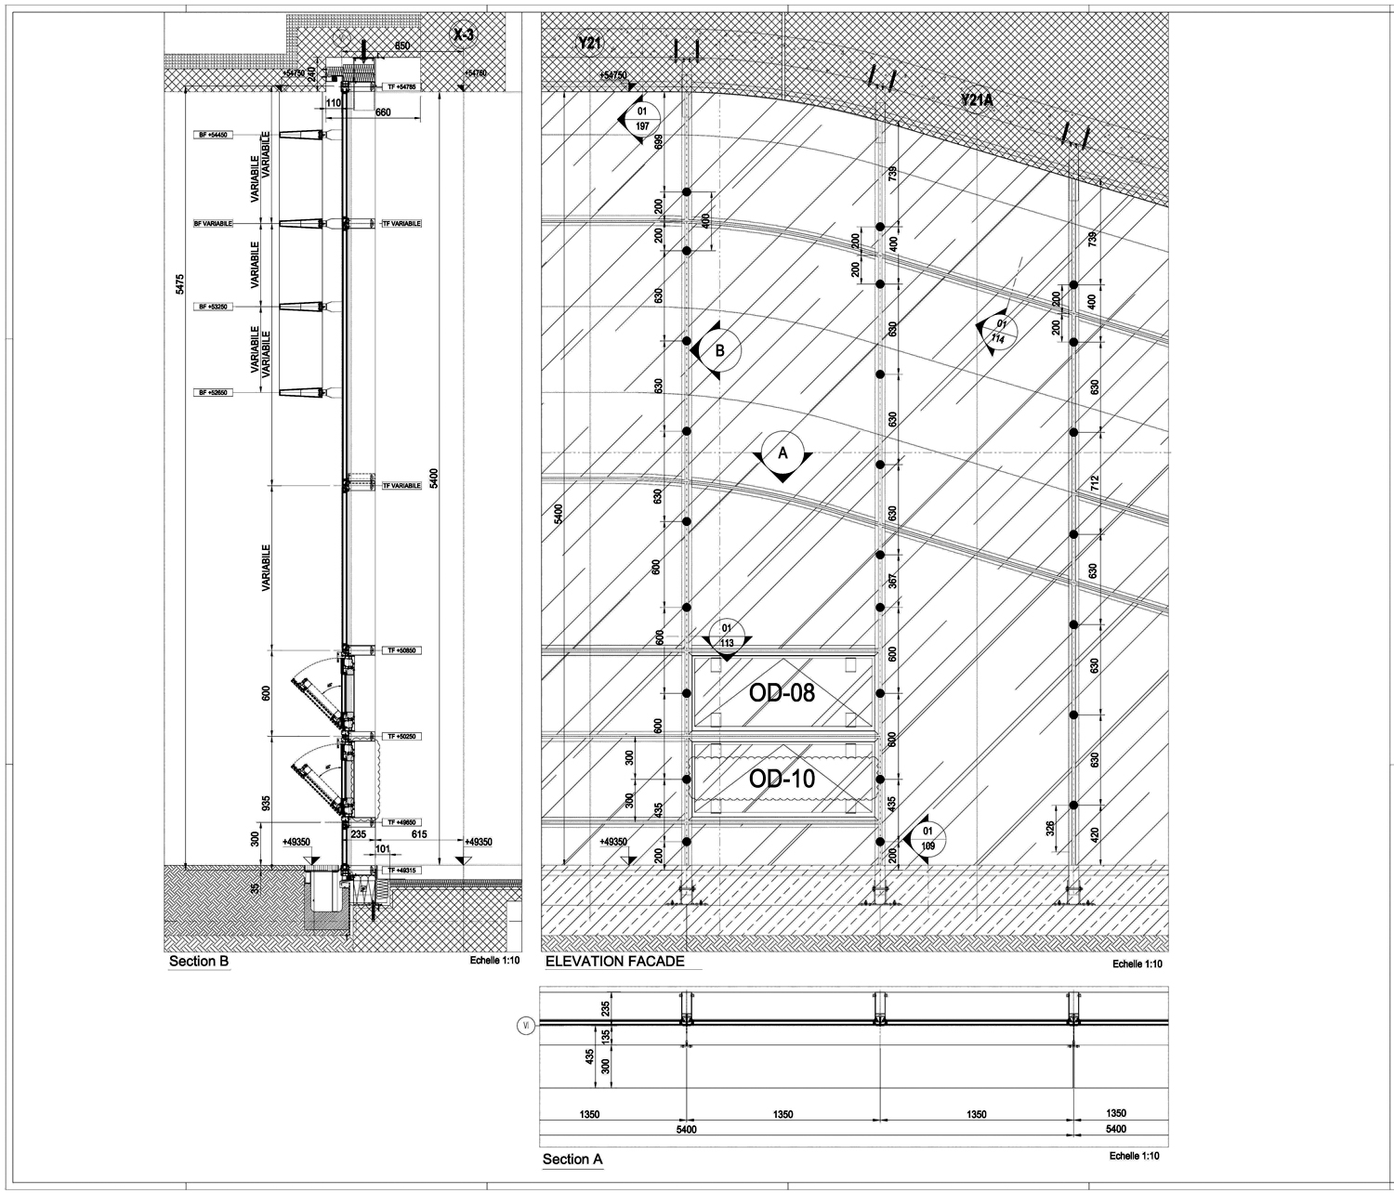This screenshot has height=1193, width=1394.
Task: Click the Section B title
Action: [x=198, y=962]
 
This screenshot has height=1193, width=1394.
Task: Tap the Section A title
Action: [x=572, y=1159]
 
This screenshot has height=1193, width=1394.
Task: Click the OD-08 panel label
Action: [x=782, y=692]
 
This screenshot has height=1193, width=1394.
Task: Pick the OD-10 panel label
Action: [x=782, y=779]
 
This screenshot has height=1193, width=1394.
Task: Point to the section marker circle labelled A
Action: [x=782, y=453]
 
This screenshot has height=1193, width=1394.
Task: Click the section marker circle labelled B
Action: [x=719, y=351]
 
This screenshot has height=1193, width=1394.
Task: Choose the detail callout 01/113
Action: [x=727, y=635]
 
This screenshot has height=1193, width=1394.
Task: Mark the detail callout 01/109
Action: [x=927, y=839]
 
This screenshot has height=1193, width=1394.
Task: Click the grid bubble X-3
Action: [x=462, y=35]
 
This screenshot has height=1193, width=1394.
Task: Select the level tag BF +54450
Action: [x=213, y=136]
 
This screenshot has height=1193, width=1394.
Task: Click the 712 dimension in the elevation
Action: [x=1095, y=482]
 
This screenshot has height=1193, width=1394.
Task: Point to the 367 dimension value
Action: [x=892, y=581]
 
